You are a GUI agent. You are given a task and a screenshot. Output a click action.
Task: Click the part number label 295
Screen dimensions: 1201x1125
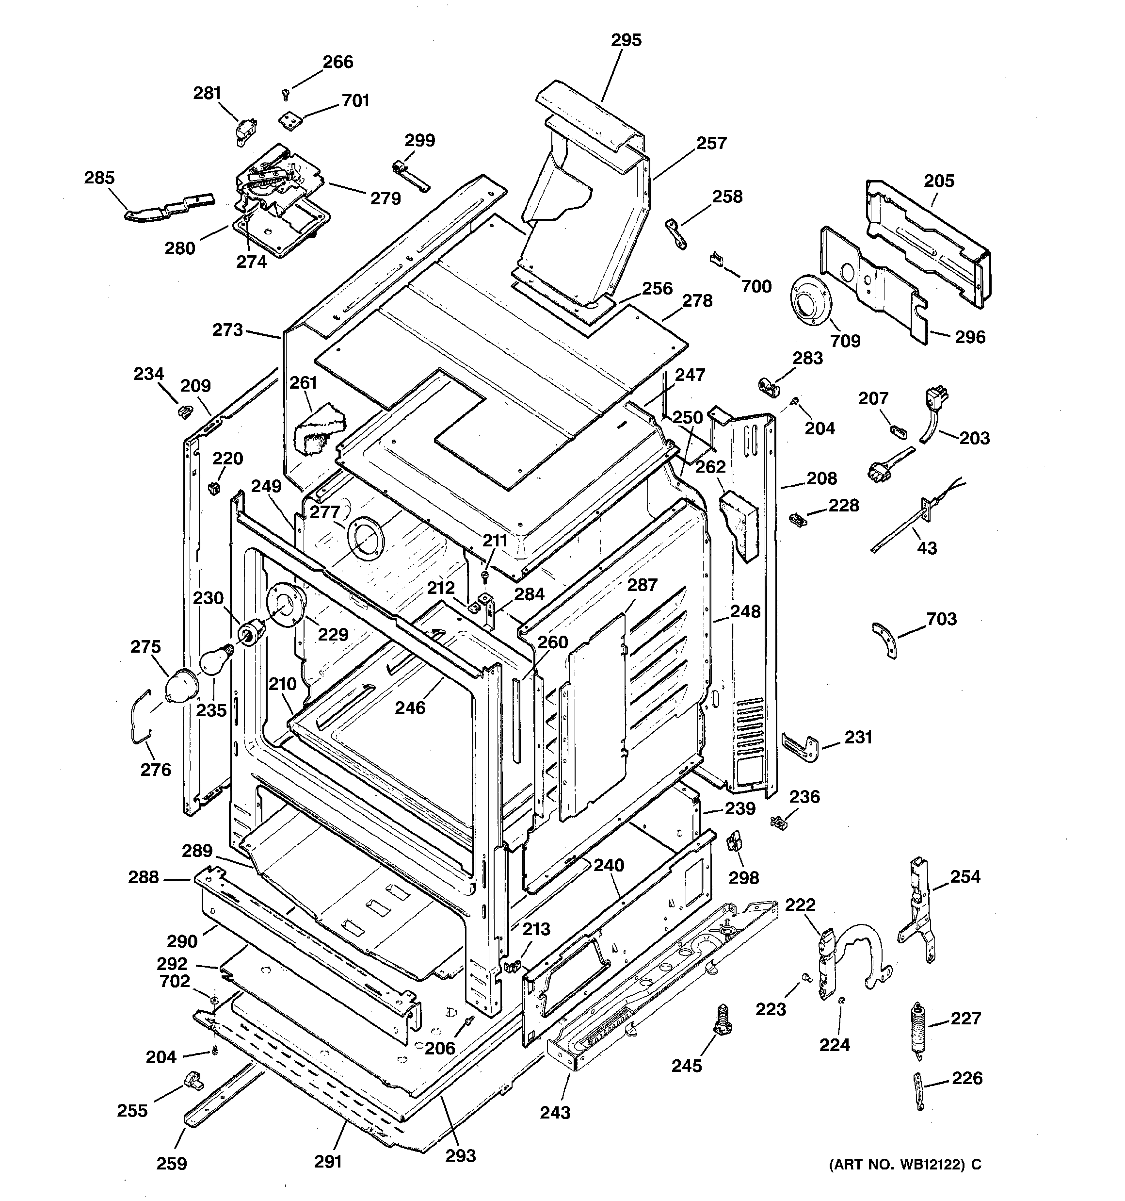[626, 40]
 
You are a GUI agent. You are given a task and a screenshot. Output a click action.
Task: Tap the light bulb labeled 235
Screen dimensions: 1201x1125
[216, 660]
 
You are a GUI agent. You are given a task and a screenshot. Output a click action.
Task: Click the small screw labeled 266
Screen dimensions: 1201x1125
[286, 94]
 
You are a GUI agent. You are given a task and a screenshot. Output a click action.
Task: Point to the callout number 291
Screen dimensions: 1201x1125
[328, 1161]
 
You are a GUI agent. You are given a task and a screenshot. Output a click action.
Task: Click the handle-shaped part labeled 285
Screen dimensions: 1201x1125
[169, 207]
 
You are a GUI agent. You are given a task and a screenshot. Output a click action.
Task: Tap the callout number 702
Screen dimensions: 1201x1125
[175, 981]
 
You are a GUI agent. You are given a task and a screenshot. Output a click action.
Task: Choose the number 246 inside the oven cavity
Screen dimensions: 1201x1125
[410, 707]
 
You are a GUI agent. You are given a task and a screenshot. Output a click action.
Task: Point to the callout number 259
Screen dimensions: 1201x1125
[172, 1163]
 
